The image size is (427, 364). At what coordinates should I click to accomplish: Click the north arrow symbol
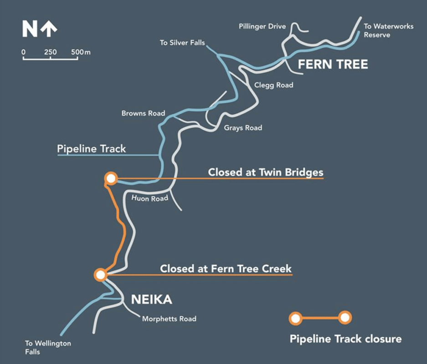[49, 29]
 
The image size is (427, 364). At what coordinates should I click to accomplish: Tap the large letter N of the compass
[30, 29]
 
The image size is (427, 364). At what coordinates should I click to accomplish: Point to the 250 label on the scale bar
[51, 52]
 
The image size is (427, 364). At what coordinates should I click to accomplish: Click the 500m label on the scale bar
[81, 52]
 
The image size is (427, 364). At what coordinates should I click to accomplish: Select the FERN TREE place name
[333, 65]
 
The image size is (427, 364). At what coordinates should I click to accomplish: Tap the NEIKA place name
[151, 299]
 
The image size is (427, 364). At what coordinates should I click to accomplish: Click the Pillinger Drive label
[262, 26]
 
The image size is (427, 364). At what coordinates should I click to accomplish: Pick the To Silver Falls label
[182, 43]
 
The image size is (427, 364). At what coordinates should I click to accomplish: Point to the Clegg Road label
[274, 85]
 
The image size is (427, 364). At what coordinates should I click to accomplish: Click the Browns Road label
[143, 113]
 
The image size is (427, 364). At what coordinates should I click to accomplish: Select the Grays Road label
[243, 128]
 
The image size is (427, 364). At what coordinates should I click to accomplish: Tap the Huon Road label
[150, 198]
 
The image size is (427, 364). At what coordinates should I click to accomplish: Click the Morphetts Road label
[169, 318]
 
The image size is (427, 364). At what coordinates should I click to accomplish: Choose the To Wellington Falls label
[48, 348]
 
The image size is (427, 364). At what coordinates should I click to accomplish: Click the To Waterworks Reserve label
[389, 30]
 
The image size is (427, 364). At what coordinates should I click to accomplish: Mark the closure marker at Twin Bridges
[111, 179]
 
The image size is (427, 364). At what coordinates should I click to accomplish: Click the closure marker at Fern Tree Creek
[101, 275]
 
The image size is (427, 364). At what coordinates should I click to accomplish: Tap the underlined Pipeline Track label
[91, 149]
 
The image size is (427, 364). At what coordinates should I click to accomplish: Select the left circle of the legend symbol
[295, 318]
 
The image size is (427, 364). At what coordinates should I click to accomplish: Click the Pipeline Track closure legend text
[345, 339]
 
